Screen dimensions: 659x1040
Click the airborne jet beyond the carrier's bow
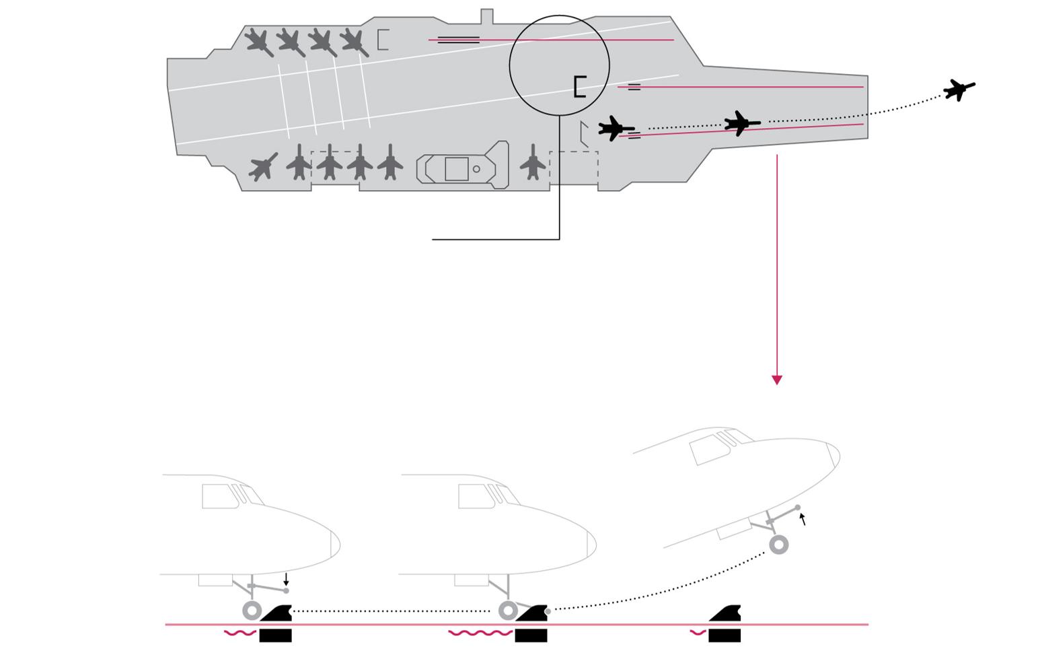[x=959, y=89]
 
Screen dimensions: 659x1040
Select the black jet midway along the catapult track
[x=741, y=123]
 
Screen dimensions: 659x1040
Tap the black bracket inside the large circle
[x=579, y=87]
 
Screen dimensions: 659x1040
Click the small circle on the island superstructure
[x=476, y=169]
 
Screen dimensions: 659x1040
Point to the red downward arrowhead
[x=777, y=380]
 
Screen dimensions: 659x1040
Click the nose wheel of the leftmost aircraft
[x=252, y=611]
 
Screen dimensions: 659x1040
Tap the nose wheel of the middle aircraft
[x=509, y=611]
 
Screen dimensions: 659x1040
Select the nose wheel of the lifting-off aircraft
[x=779, y=545]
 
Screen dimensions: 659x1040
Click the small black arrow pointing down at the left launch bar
[x=286, y=579]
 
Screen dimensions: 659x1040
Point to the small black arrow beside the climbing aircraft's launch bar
[x=802, y=519]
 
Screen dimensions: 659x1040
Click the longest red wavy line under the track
[x=480, y=633]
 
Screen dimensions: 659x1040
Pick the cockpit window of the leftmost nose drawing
[x=220, y=497]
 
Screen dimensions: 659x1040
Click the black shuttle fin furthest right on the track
[x=725, y=615]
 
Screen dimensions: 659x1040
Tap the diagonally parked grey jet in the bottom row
[x=263, y=166]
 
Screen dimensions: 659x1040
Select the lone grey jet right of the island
[x=533, y=163]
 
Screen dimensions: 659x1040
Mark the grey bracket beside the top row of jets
[x=383, y=40]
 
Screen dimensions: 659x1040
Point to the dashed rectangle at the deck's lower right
[x=574, y=168]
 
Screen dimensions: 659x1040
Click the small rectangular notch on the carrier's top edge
[x=486, y=16]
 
